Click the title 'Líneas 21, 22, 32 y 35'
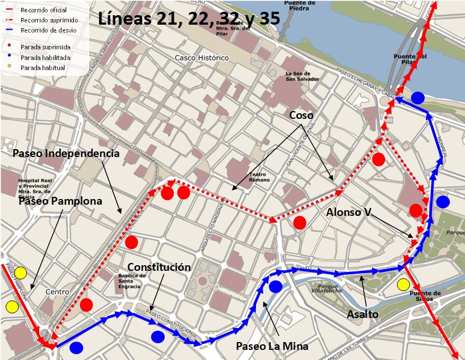click(189, 18)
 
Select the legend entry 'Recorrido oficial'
click(43, 10)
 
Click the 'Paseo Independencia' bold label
click(66, 153)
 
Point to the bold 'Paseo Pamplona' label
click(60, 201)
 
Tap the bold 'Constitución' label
click(159, 267)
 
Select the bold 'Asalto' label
click(362, 314)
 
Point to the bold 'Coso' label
click(301, 115)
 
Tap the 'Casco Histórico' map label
click(202, 58)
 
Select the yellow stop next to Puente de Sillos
click(403, 285)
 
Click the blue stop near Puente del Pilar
click(417, 98)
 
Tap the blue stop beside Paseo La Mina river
click(276, 287)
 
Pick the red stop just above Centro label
click(86, 304)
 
